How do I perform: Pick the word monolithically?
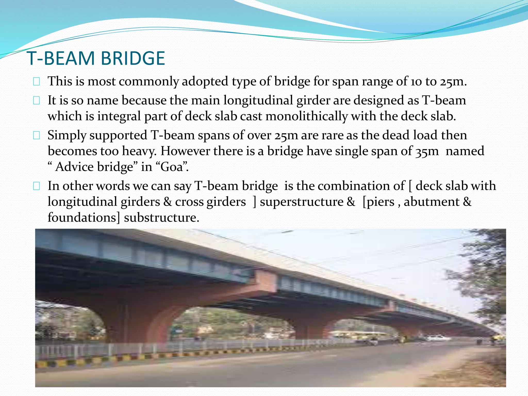click(307, 116)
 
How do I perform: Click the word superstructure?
click(302, 202)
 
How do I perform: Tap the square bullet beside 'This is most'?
click(36, 82)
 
